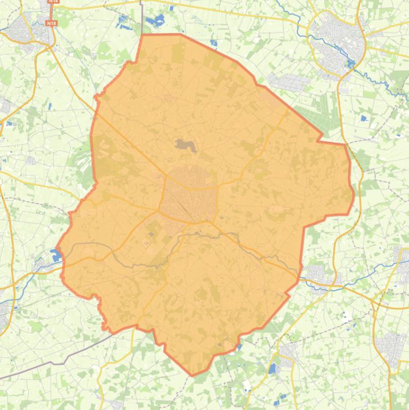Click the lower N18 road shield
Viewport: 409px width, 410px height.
click(51, 23)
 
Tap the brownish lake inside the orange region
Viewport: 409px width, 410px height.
click(185, 144)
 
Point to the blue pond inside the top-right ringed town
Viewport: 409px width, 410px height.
click(350, 64)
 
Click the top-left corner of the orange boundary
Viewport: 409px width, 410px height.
click(143, 35)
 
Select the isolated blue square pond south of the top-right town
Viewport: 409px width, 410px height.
click(364, 118)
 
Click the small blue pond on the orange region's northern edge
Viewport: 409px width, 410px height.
click(213, 43)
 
